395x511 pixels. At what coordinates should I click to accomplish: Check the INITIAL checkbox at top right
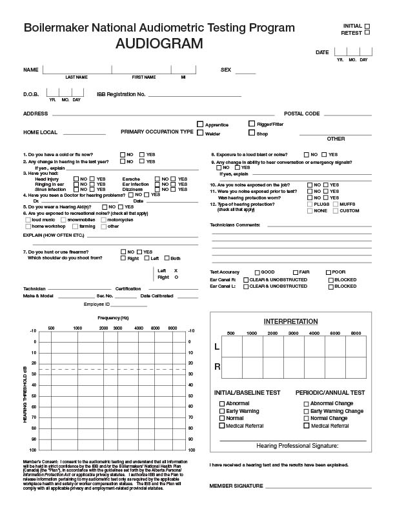[x=367, y=26]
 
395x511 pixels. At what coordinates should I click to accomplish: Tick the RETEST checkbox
[x=367, y=32]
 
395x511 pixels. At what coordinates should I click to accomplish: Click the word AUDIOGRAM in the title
[x=159, y=44]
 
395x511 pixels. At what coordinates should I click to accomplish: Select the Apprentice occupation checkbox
[x=200, y=125]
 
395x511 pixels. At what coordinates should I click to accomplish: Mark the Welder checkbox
[x=200, y=134]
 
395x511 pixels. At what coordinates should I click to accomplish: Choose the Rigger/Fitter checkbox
[x=252, y=124]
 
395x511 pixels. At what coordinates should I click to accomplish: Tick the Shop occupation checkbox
[x=252, y=134]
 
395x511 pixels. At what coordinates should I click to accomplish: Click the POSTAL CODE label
[x=302, y=114]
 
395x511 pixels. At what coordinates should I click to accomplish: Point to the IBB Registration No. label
[x=121, y=94]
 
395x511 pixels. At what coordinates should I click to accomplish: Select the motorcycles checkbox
[x=103, y=219]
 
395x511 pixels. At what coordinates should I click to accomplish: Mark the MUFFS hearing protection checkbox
[x=334, y=204]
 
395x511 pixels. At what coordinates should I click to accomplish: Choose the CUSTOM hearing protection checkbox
[x=334, y=211]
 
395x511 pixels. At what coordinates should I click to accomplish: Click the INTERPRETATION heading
[x=290, y=321]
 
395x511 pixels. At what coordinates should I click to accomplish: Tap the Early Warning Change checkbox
[x=306, y=411]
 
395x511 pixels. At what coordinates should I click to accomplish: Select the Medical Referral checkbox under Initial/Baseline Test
[x=223, y=426]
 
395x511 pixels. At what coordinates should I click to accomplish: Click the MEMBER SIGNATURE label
[x=236, y=485]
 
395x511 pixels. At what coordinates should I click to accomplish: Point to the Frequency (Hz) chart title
[x=114, y=318]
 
